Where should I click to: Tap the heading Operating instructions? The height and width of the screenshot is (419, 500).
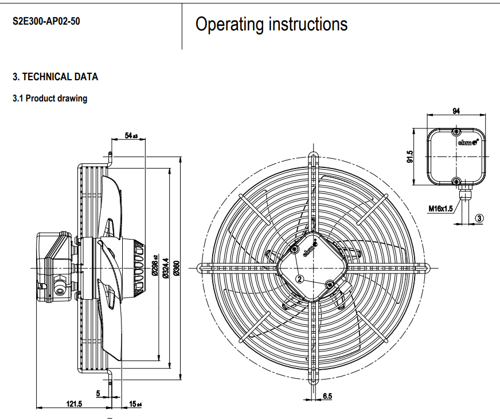coord(271,24)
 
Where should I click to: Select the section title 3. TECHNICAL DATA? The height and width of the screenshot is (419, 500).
coord(56,77)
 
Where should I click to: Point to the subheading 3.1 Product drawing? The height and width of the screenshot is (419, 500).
coord(50,99)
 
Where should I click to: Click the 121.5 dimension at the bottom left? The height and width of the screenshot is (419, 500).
coord(74,404)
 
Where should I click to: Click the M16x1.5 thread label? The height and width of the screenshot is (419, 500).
coord(440,209)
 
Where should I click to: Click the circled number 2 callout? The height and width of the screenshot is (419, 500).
coord(299,279)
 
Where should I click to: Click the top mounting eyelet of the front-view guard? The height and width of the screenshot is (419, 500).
coord(312,155)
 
